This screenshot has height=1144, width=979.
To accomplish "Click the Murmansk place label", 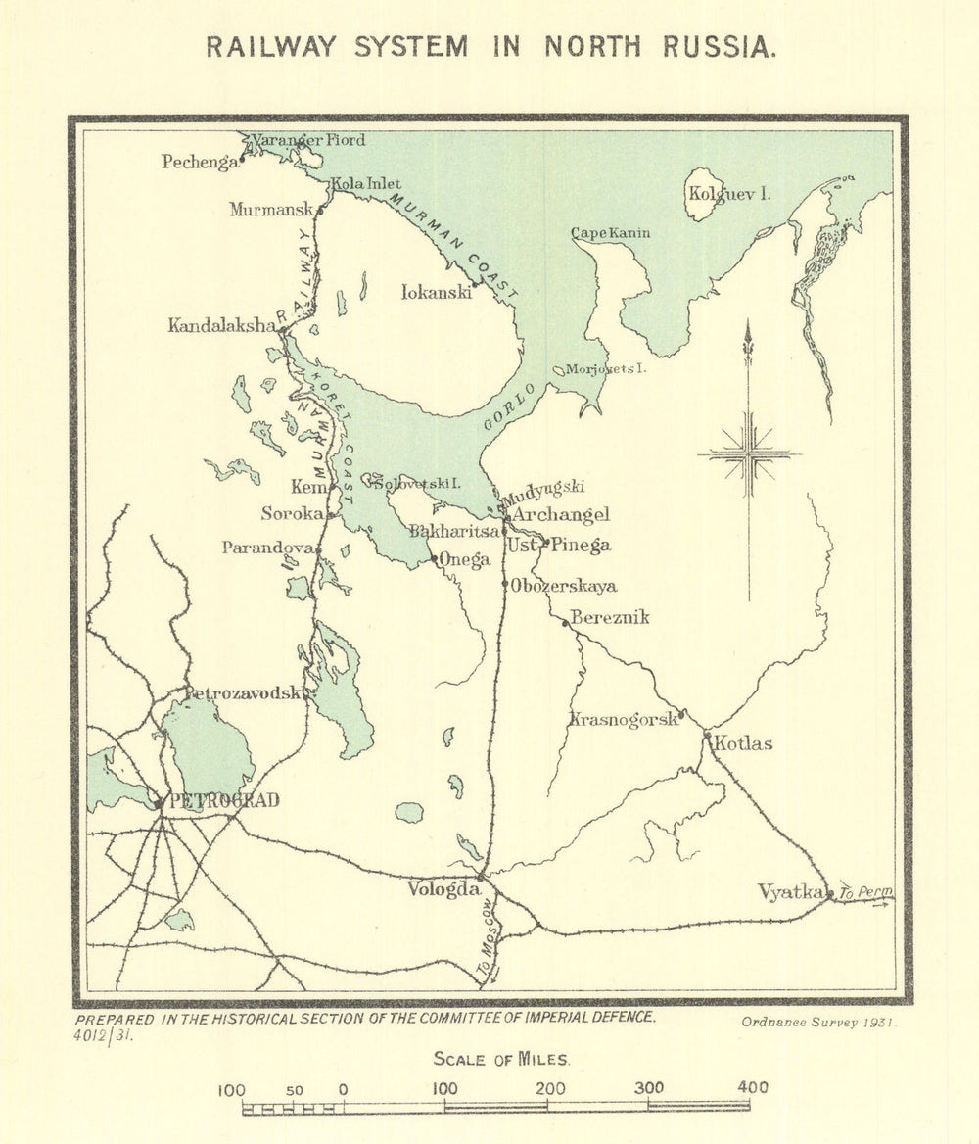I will (269, 210).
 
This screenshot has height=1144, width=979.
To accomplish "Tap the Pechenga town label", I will (200, 163).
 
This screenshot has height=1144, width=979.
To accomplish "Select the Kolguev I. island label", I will (729, 194).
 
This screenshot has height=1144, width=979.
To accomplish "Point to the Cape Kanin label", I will (610, 233).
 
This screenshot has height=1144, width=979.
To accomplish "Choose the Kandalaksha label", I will (221, 326).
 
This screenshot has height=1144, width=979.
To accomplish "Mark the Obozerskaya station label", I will (564, 587).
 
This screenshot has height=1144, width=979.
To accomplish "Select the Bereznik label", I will (609, 618).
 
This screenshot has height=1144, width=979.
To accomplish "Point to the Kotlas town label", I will (743, 744).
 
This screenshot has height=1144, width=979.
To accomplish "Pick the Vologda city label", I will (443, 889).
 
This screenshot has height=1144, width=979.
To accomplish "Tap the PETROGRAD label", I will (224, 801).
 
